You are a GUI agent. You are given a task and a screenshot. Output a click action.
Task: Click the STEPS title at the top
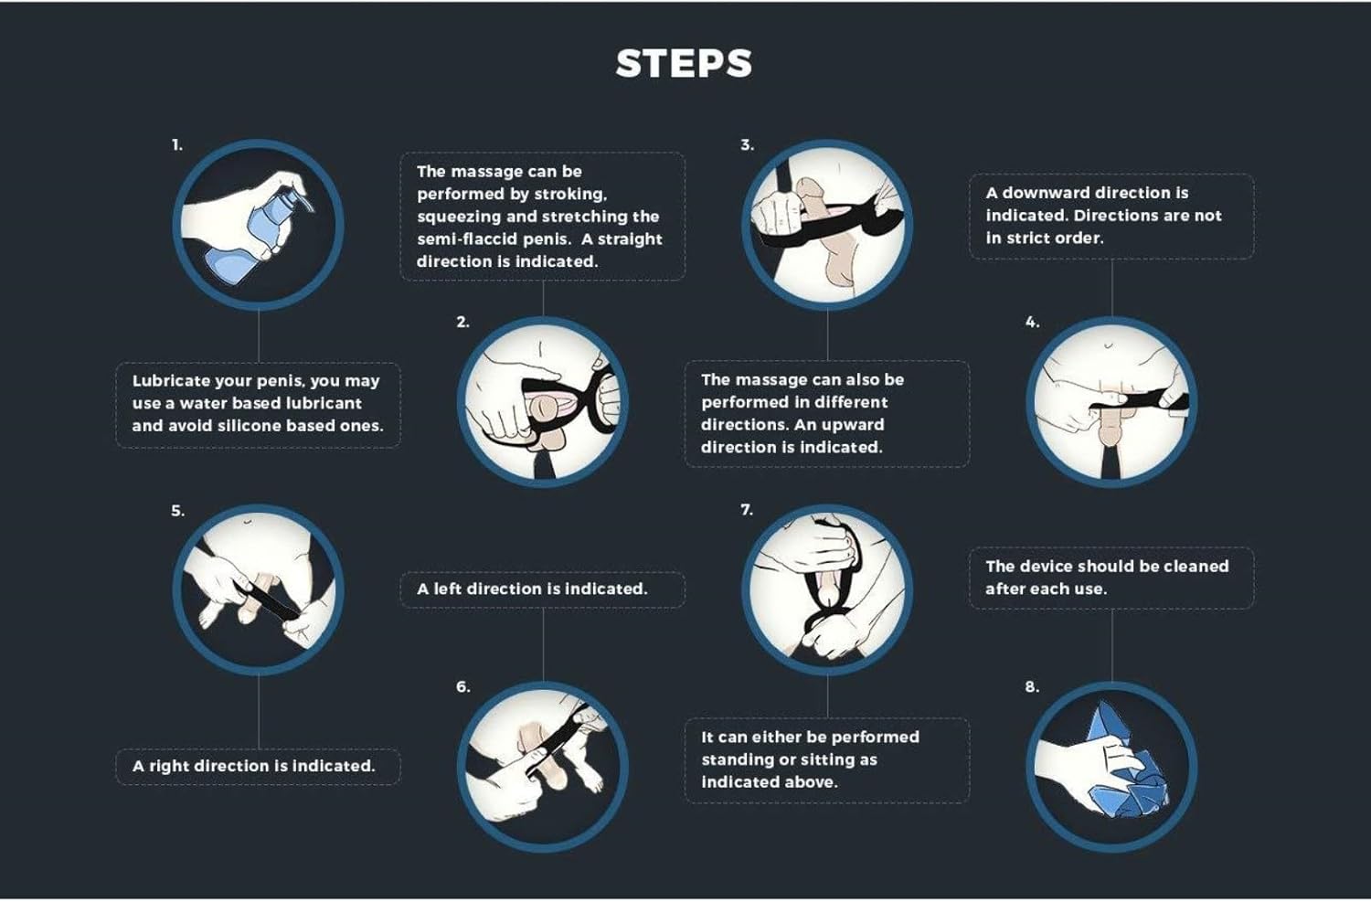tap(684, 64)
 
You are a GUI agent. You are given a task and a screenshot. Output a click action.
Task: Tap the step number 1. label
tap(177, 145)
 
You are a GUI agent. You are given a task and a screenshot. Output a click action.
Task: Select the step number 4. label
tap(1032, 322)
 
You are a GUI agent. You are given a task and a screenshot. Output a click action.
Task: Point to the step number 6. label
tap(463, 686)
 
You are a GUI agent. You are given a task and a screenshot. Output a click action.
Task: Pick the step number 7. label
tap(747, 510)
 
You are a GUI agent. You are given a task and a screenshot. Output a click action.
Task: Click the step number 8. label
tap(1032, 686)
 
